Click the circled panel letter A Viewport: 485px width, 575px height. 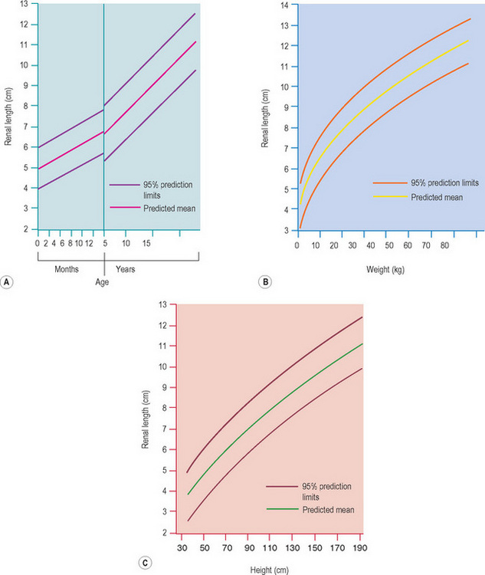click(8, 282)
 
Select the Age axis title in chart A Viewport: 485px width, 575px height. click(102, 282)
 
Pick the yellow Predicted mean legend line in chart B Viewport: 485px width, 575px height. click(360, 197)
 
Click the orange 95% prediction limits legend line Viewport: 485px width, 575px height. click(360, 183)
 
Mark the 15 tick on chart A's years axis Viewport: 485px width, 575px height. click(148, 243)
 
